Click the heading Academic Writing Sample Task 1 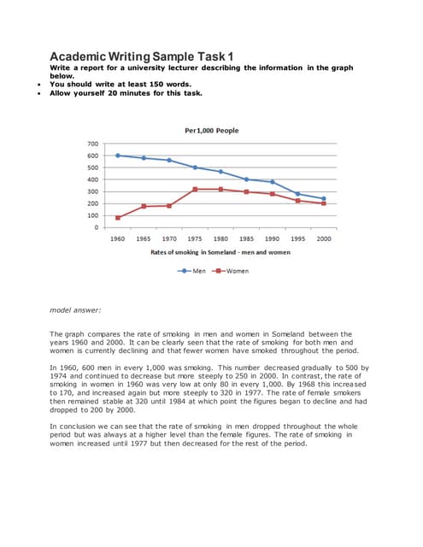(142, 55)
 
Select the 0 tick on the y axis (97, 227)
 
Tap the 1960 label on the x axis (118, 238)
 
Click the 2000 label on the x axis (324, 238)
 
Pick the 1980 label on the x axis (220, 238)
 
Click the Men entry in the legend (197, 271)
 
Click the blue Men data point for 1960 (118, 156)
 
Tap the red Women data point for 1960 (118, 218)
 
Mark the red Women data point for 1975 (195, 189)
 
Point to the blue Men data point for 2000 (324, 199)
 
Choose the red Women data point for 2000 (324, 203)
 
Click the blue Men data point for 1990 (273, 182)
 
